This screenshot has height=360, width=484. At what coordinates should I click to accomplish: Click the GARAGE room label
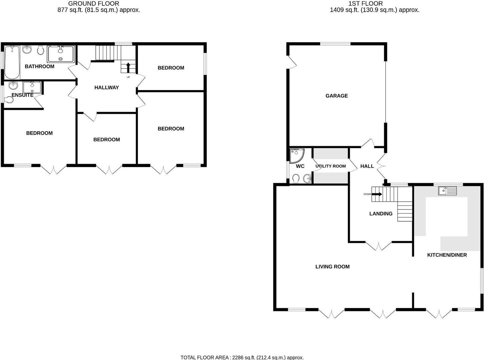coord(337,96)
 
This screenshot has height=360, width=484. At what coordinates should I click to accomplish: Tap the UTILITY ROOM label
coord(331,166)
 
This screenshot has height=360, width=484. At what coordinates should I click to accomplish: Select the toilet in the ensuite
coord(9,100)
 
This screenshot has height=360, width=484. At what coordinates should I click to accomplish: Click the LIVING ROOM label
coord(332,267)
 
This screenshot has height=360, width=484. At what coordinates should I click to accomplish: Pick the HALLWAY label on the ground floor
coord(106,88)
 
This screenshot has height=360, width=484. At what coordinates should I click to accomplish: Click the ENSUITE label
coord(22,95)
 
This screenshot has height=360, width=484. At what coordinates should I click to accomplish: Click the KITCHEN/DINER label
coord(447,255)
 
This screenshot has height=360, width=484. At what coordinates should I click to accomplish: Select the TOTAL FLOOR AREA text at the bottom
coord(242,357)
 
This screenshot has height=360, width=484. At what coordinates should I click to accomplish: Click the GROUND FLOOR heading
coord(94,4)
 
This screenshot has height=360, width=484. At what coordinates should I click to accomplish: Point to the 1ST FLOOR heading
coord(366,4)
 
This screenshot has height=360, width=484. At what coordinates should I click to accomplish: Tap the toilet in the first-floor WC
coord(296,179)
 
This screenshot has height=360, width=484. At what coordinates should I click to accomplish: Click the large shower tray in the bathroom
coord(60,54)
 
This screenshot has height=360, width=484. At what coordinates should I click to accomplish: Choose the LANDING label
coord(381,214)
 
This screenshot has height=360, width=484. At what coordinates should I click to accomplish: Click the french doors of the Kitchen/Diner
coord(439,314)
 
